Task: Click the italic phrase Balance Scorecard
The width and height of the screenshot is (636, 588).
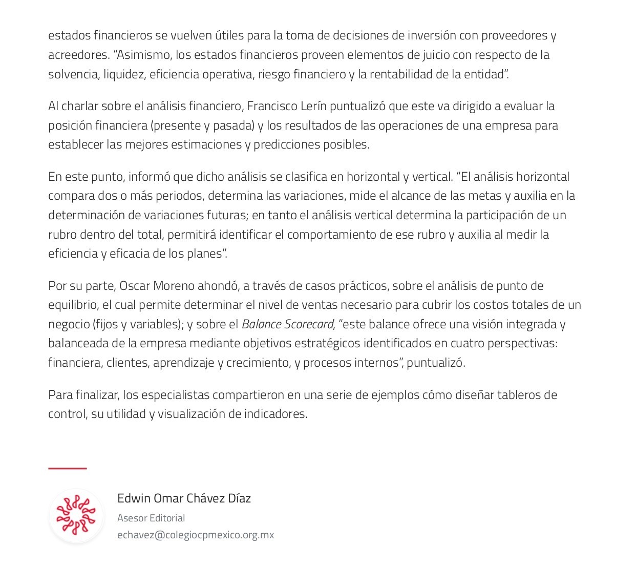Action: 287,324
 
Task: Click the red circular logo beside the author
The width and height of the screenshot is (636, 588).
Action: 76,515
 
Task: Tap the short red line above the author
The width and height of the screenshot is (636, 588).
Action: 68,468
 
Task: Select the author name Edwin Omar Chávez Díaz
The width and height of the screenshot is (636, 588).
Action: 184,498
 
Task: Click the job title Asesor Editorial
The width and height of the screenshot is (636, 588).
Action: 151,518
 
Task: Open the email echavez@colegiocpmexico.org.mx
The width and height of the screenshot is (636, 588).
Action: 196,535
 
